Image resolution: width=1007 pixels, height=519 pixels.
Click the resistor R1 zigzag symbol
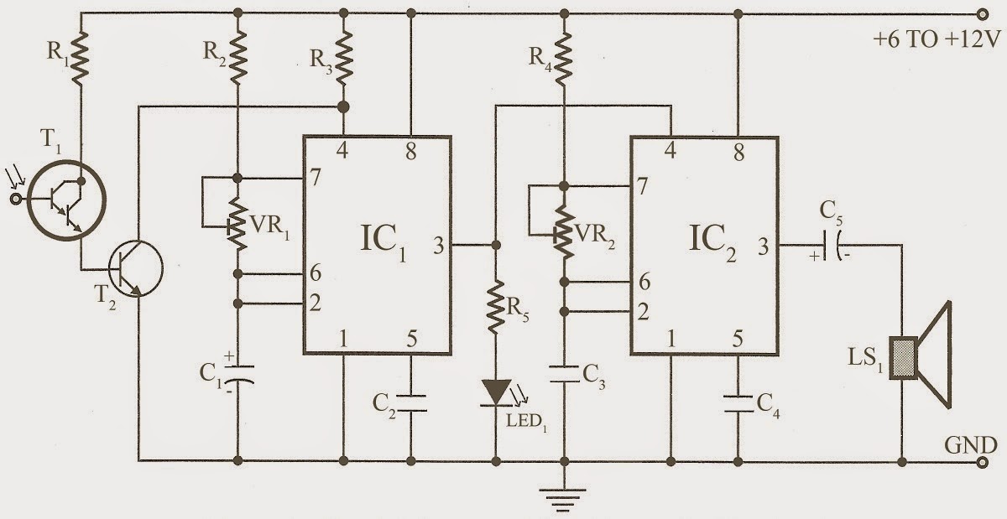point(81,58)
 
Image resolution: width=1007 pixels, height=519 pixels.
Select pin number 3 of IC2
point(762,247)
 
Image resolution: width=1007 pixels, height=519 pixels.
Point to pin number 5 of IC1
point(411,339)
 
